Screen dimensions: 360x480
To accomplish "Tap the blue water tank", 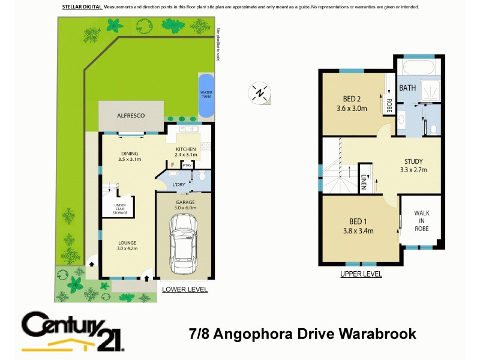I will pos(205,95).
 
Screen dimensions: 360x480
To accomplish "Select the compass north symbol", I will pos(259,94).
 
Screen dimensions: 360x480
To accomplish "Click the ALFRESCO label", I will pos(131,115).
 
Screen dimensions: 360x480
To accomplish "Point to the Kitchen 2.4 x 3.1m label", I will pos(185,152).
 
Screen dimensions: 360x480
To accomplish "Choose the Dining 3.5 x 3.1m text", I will pos(129,156).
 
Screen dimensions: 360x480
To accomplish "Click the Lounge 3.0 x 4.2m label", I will pos(127,245).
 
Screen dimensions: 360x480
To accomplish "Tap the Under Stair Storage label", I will pos(120,209).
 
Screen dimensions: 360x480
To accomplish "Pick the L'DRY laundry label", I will pos(178,184).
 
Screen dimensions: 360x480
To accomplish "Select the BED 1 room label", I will pos(358,226).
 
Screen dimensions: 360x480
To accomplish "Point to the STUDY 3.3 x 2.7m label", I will pos(413,165).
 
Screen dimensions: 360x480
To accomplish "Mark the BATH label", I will pos(407,88).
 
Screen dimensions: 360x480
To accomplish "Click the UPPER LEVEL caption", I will pos(361,274).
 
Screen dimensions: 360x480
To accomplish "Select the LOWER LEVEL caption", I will pos(185,289).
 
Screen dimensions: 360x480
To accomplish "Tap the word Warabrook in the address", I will pos(372,334).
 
